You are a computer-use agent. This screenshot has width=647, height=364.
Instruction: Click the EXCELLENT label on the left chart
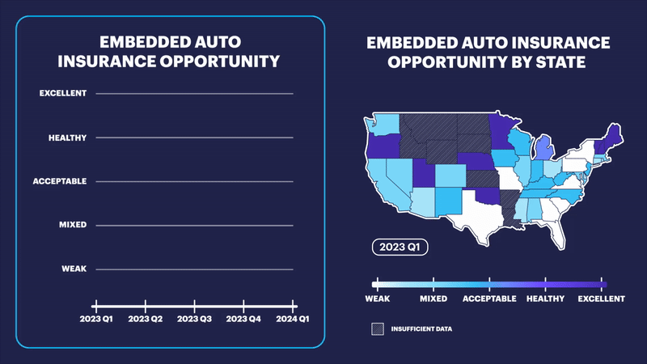point(63,94)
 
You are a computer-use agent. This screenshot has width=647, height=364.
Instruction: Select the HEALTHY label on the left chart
point(67,138)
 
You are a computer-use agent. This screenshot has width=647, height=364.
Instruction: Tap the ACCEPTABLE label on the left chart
point(60,181)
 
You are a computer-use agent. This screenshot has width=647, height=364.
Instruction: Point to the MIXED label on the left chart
point(74,225)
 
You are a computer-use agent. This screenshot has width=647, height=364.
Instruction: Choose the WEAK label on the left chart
point(74,269)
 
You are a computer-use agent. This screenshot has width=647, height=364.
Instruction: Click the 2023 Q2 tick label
point(145,319)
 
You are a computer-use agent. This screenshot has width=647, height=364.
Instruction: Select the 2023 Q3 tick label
point(195,319)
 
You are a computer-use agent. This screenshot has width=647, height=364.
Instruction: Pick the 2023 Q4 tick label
point(244,319)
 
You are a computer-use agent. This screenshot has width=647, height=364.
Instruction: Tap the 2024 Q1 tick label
point(292,319)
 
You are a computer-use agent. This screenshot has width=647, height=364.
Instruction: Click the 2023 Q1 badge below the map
point(400,247)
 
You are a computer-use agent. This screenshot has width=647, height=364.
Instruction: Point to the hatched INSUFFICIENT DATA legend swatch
point(377,329)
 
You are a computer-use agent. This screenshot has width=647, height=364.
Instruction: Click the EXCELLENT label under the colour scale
point(601,298)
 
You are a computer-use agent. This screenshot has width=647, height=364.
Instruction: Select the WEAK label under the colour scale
point(378,298)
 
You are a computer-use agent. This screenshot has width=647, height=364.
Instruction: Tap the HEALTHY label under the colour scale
point(548,298)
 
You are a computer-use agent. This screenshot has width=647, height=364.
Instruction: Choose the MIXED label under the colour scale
point(433,298)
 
